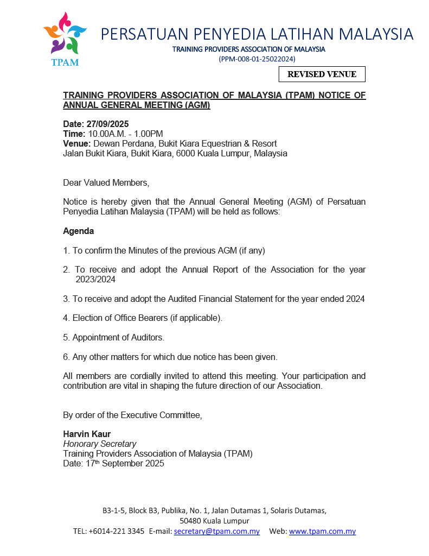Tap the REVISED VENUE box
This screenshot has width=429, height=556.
coord(322,74)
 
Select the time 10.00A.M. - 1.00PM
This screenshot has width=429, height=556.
coord(125,134)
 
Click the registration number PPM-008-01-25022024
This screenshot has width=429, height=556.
coord(257,59)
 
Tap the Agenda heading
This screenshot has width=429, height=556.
coord(78,231)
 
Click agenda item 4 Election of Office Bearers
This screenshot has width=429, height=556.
coord(142,318)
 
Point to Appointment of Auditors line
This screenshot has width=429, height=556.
coord(113,337)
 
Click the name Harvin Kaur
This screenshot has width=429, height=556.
coord(87,434)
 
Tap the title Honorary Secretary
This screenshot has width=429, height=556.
coord(99,444)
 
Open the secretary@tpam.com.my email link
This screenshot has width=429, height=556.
coord(216,531)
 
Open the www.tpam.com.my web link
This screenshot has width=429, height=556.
coord(322,531)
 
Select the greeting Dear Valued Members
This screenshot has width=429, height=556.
coord(105,182)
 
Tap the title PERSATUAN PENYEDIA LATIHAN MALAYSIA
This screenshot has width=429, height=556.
coord(257,34)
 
